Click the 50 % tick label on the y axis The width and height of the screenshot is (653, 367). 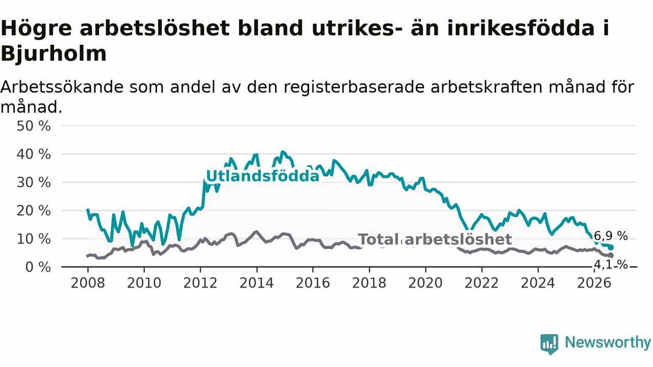[x=34, y=126]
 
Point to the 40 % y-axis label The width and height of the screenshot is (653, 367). [x=34, y=154]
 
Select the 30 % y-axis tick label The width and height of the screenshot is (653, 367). [x=34, y=182]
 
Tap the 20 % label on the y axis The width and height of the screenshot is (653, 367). [x=34, y=211]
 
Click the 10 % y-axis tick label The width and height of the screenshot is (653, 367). [x=34, y=239]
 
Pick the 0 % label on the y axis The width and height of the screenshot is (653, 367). [x=38, y=267]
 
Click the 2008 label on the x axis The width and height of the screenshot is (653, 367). [x=88, y=283]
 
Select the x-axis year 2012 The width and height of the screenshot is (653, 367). [x=200, y=283]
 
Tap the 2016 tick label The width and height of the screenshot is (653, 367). [x=313, y=283]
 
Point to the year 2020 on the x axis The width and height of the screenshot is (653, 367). [x=425, y=283]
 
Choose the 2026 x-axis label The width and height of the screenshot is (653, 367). [x=594, y=283]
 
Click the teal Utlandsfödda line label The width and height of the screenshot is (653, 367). [x=263, y=176]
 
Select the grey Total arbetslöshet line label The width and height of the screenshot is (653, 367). [x=435, y=239]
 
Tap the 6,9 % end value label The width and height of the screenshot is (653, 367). [x=611, y=235]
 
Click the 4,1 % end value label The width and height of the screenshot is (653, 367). [x=611, y=265]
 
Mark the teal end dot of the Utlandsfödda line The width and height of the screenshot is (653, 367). [x=611, y=248]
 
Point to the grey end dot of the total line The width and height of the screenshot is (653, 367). [x=611, y=255]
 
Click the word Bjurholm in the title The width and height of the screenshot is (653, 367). [x=54, y=54]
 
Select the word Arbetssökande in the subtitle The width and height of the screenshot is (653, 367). [x=62, y=87]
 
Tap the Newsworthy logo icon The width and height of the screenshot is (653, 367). [x=549, y=344]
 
